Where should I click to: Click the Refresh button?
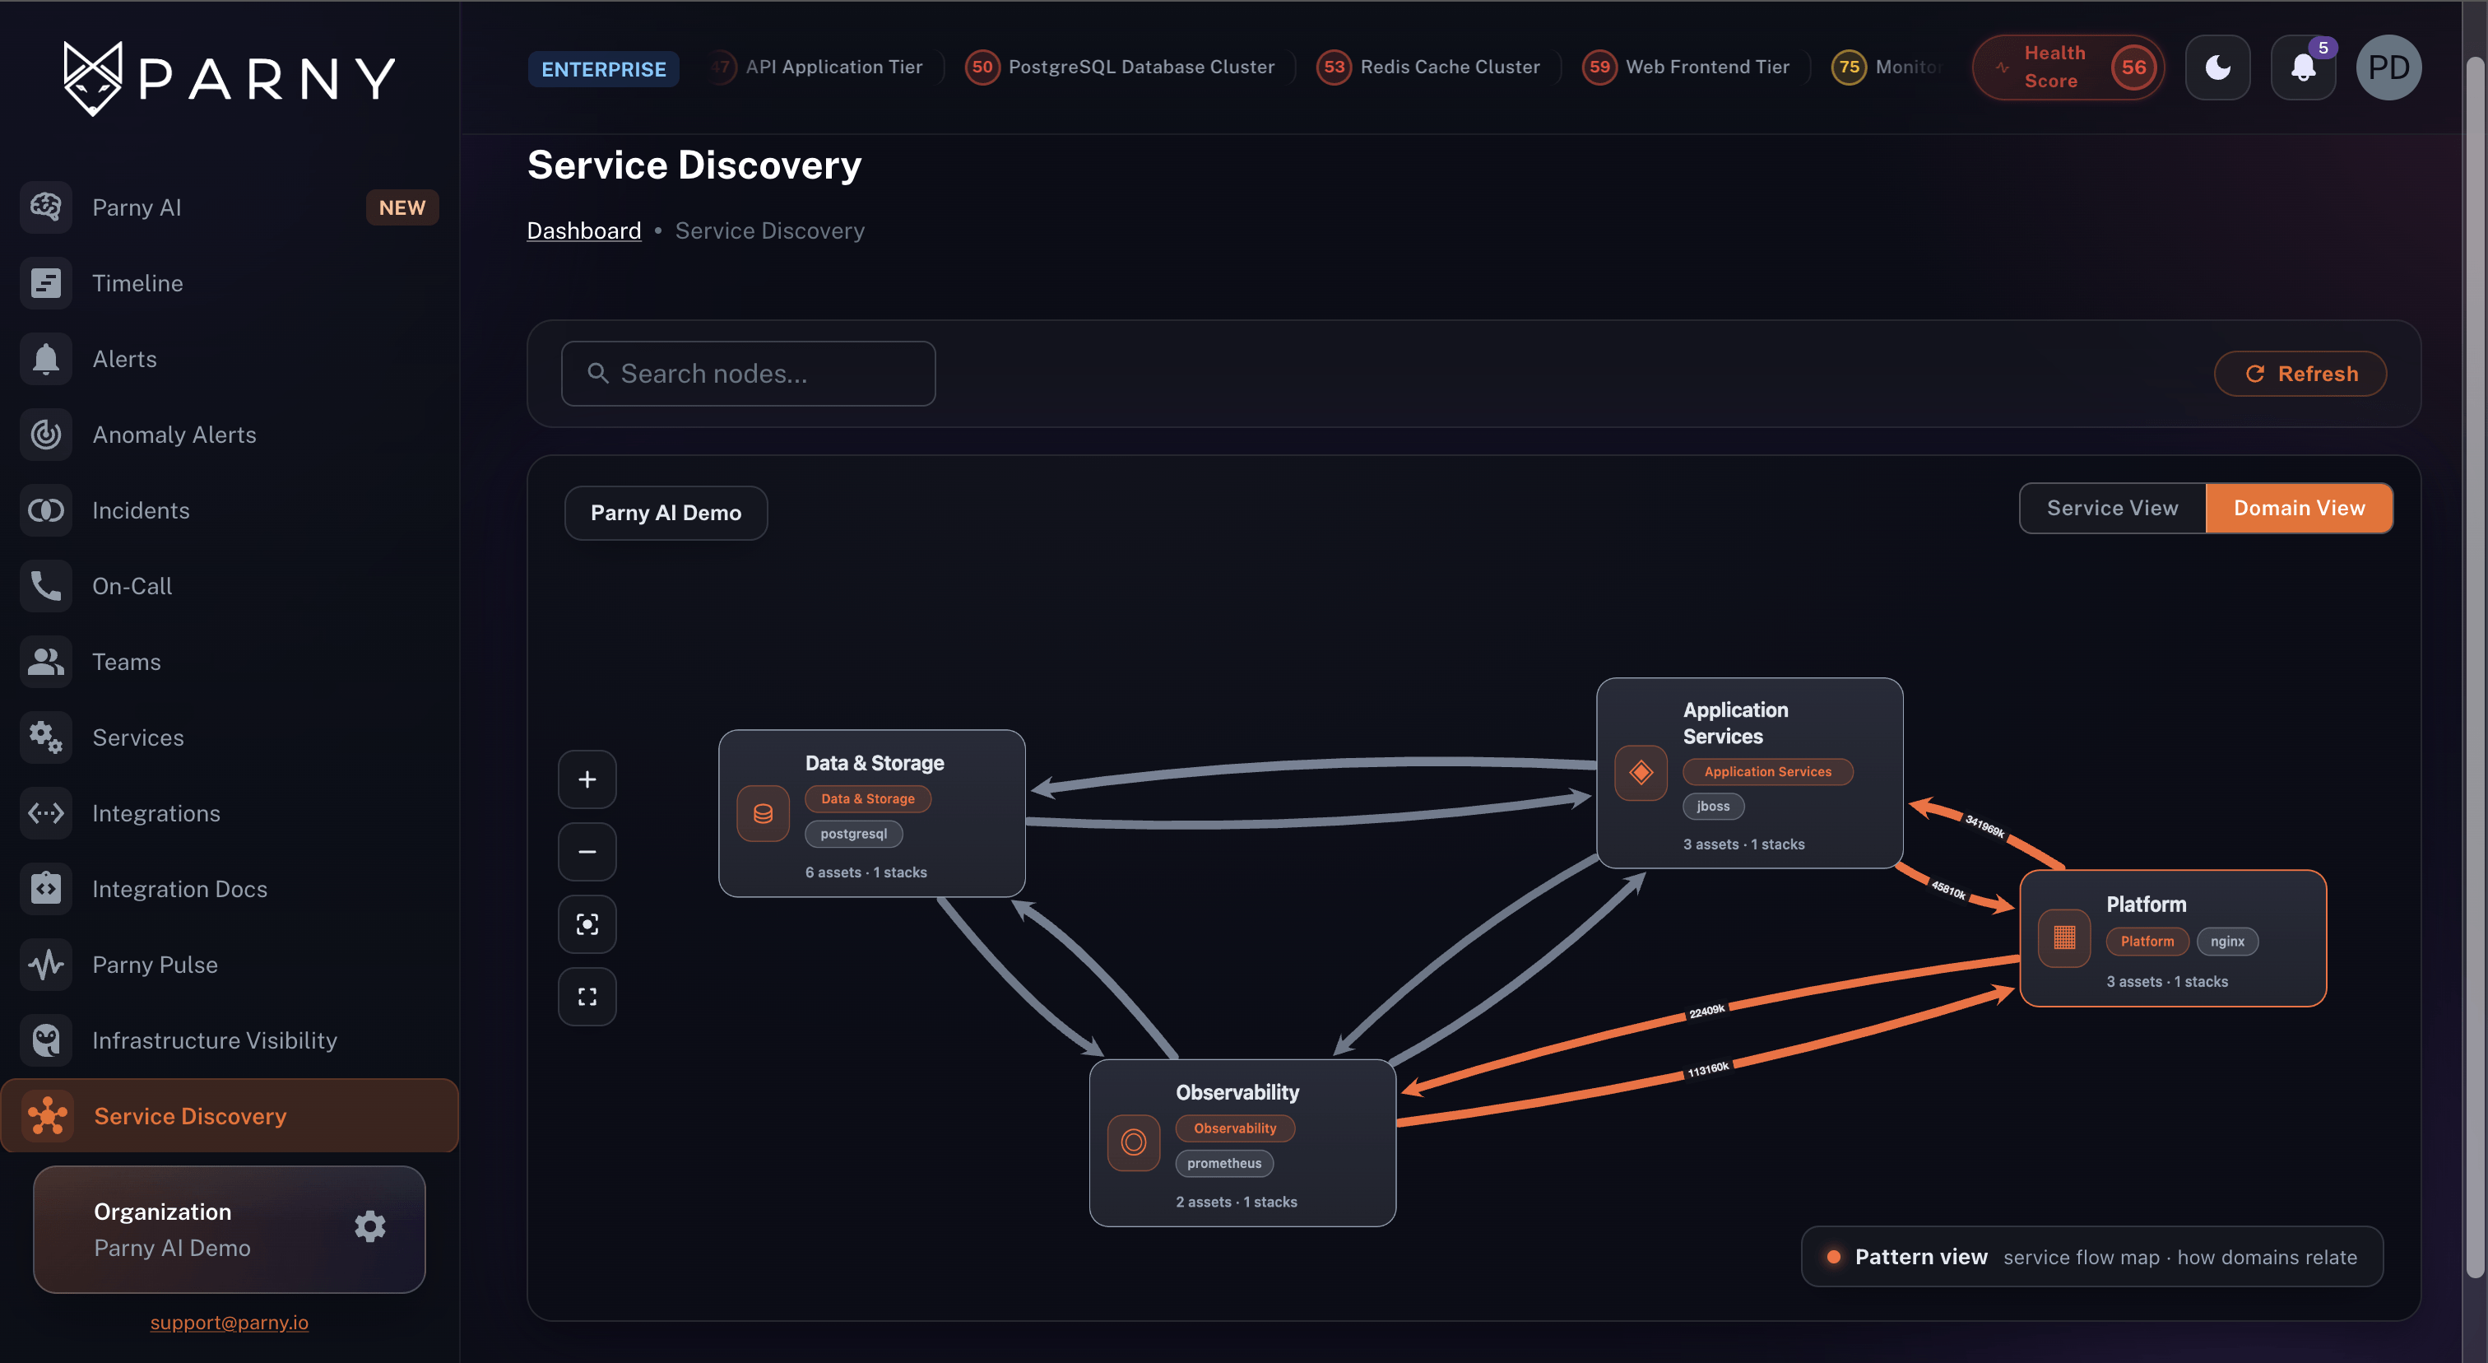pos(2300,374)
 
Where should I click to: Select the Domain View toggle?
pos(2299,508)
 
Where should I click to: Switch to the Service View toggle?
pos(2112,508)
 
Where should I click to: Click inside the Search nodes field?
pos(748,374)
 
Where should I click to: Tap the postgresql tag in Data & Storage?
pos(854,834)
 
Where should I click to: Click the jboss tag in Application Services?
pos(1714,806)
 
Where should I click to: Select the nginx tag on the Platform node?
pos(2227,941)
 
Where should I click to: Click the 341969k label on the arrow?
pos(1984,826)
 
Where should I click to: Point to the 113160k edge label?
pos(1707,1068)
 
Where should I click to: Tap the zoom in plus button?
pos(587,779)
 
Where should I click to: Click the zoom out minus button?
pos(587,852)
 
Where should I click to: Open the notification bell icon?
pos(2304,67)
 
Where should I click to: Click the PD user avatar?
pos(2388,67)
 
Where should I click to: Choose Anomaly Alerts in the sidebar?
pos(174,435)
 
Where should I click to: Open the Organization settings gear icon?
pos(370,1227)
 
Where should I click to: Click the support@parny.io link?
pos(229,1323)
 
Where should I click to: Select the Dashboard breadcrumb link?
pos(583,230)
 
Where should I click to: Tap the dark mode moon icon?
pos(2217,67)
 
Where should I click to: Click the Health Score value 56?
pos(2133,67)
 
